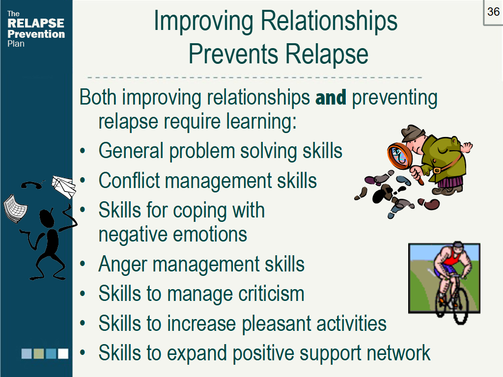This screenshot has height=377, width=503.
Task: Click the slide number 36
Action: [x=493, y=12]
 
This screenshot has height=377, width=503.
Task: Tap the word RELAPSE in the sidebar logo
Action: [x=35, y=23]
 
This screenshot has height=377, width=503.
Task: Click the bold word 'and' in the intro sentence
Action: [x=331, y=98]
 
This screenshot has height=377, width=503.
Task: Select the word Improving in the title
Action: [x=203, y=21]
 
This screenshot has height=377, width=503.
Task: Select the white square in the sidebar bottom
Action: [x=63, y=353]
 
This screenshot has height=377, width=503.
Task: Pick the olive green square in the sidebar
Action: [x=38, y=353]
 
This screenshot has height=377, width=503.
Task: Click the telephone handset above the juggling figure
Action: [x=31, y=185]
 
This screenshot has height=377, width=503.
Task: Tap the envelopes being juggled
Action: [x=64, y=187]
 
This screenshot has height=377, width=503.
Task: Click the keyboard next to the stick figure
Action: [x=15, y=209]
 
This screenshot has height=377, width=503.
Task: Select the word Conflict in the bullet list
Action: [x=129, y=180]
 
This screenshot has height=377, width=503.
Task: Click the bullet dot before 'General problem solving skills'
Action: [x=83, y=151]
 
